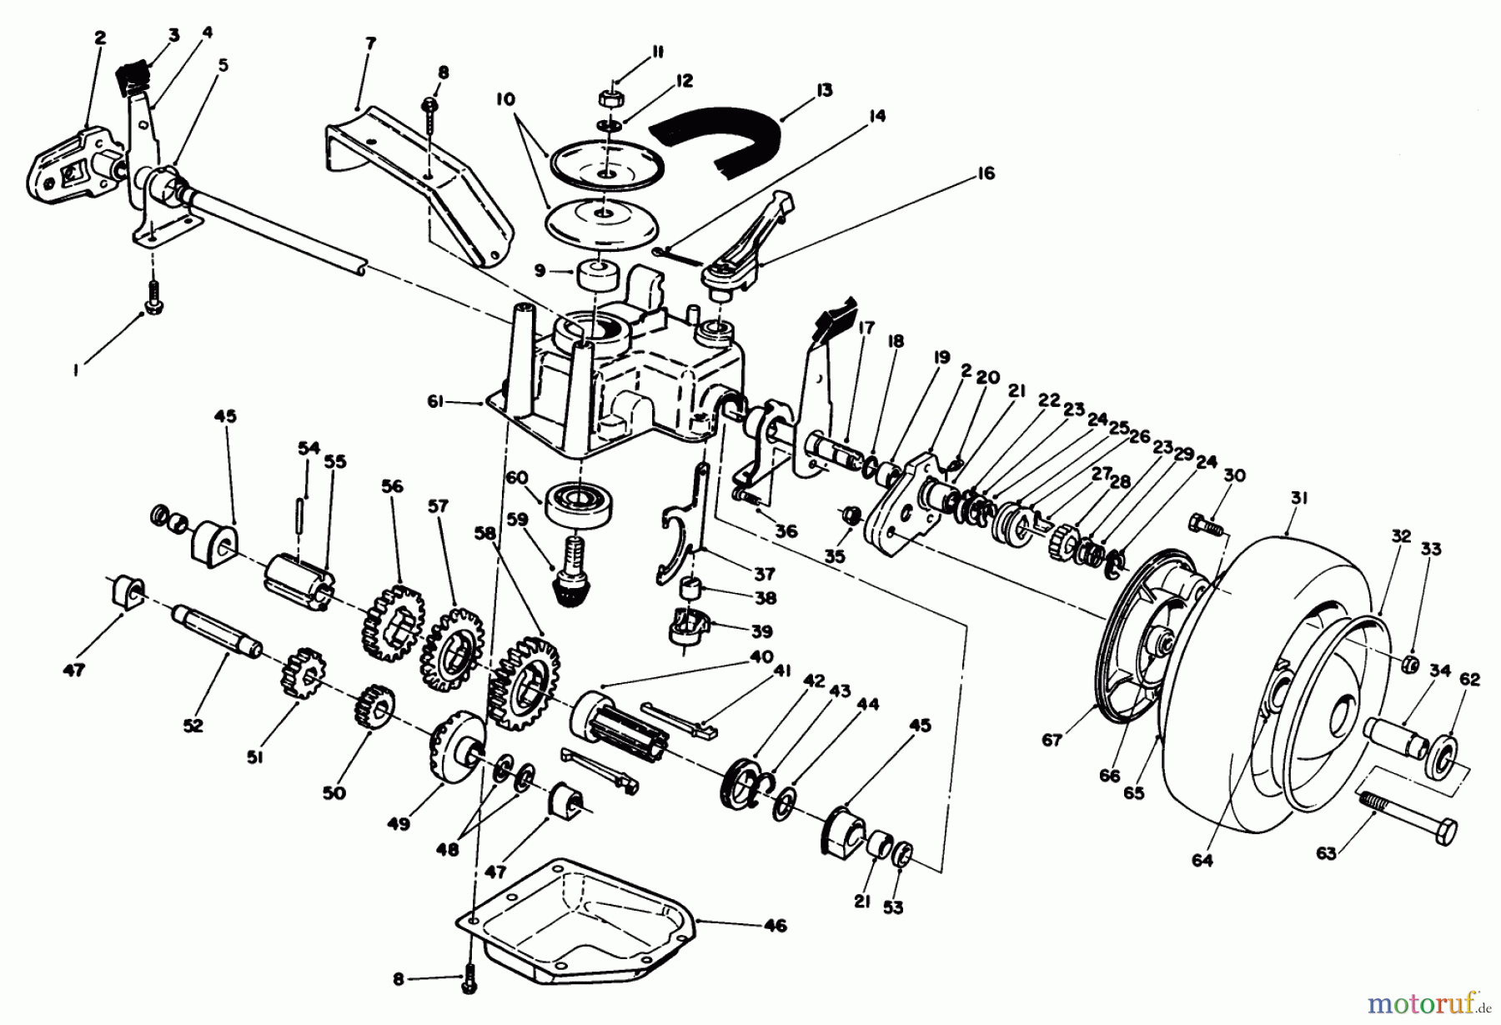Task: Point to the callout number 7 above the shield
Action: pos(370,43)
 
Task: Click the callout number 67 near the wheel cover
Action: pos(1052,738)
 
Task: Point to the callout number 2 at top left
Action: pos(100,38)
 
